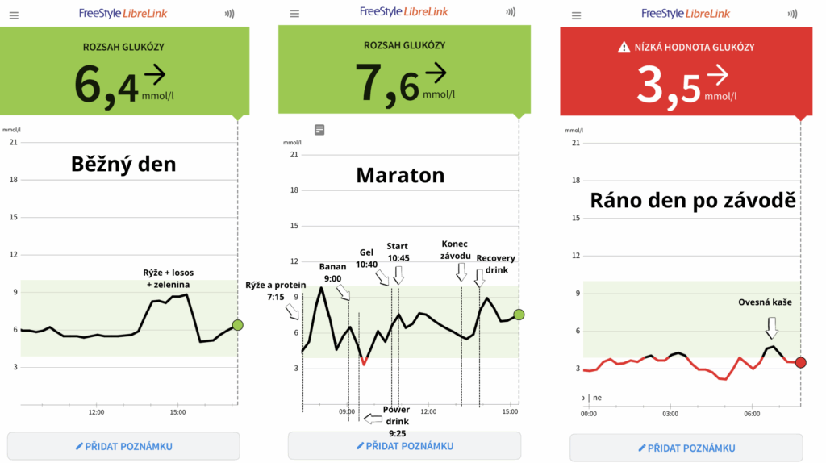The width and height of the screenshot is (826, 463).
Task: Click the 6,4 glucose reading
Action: tap(106, 84)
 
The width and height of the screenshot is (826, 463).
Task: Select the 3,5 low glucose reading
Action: tap(670, 84)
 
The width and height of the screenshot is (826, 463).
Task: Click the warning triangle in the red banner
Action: tap(624, 48)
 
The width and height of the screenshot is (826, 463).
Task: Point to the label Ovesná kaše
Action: tap(766, 302)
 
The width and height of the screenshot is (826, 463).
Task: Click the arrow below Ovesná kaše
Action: tap(772, 327)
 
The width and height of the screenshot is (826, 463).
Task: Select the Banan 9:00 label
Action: tap(332, 273)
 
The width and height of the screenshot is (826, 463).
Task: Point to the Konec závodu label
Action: tap(456, 250)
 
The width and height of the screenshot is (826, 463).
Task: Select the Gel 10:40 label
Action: tap(366, 257)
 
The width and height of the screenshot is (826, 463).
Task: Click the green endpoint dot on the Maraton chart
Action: tap(519, 315)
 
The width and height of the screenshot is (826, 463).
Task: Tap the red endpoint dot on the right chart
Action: tap(800, 362)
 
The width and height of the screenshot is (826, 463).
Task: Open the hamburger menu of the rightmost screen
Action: tap(576, 15)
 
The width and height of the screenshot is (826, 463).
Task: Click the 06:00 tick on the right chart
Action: tap(752, 414)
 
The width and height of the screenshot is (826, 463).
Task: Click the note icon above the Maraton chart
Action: tap(319, 129)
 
